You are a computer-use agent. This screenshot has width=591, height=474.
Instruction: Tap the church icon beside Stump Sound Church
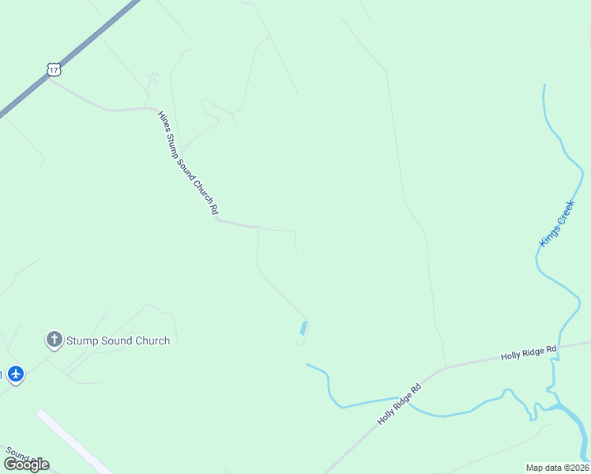tap(54, 340)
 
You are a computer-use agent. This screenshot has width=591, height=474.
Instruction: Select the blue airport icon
tap(16, 374)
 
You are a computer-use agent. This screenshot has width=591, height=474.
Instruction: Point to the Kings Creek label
tap(557, 224)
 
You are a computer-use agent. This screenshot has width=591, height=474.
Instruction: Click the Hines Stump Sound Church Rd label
tap(187, 163)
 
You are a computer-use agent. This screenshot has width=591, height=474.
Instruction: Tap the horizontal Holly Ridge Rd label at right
tap(529, 353)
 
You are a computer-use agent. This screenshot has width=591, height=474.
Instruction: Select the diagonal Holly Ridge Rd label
tap(400, 402)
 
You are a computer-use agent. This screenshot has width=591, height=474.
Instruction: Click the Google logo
tap(26, 464)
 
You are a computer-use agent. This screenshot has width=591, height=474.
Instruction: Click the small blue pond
tap(304, 327)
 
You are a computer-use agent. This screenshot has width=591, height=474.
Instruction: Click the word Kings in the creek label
tap(548, 236)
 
